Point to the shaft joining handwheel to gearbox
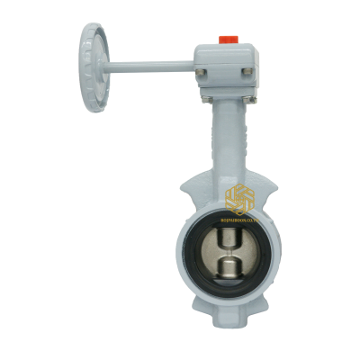coord(153,66)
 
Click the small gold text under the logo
coord(240,217)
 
